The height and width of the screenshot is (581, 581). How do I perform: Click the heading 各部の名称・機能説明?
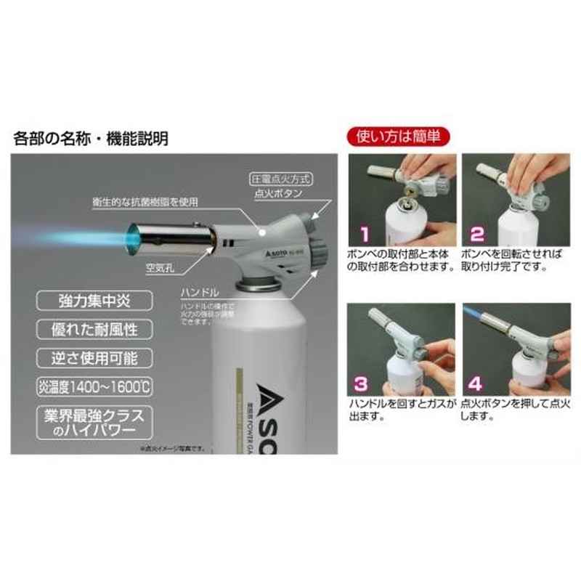[x=91, y=139]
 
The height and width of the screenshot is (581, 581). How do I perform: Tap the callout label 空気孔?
[x=158, y=267]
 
